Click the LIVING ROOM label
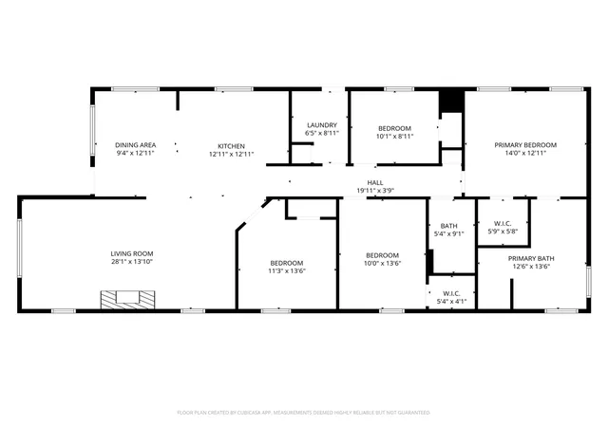[x=132, y=253]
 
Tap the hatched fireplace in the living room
[x=127, y=300]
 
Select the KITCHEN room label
[x=231, y=146]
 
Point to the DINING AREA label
[x=135, y=145]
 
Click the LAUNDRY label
[x=322, y=125]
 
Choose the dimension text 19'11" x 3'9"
[x=375, y=191]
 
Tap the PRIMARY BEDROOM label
[x=525, y=145]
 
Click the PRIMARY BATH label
[x=531, y=258]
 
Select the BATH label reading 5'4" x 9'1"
[x=448, y=226]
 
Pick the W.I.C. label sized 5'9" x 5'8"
[x=503, y=224]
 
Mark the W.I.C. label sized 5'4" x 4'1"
[x=451, y=294]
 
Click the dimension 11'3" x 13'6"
[x=287, y=270]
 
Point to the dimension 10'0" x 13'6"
[x=382, y=263]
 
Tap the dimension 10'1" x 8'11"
[x=395, y=136]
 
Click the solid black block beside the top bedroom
[x=451, y=101]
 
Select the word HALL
[x=375, y=182]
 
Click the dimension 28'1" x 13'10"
[x=132, y=262]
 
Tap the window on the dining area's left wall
[x=93, y=130]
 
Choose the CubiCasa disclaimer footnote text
[x=304, y=413]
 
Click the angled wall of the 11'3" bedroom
[x=254, y=215]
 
